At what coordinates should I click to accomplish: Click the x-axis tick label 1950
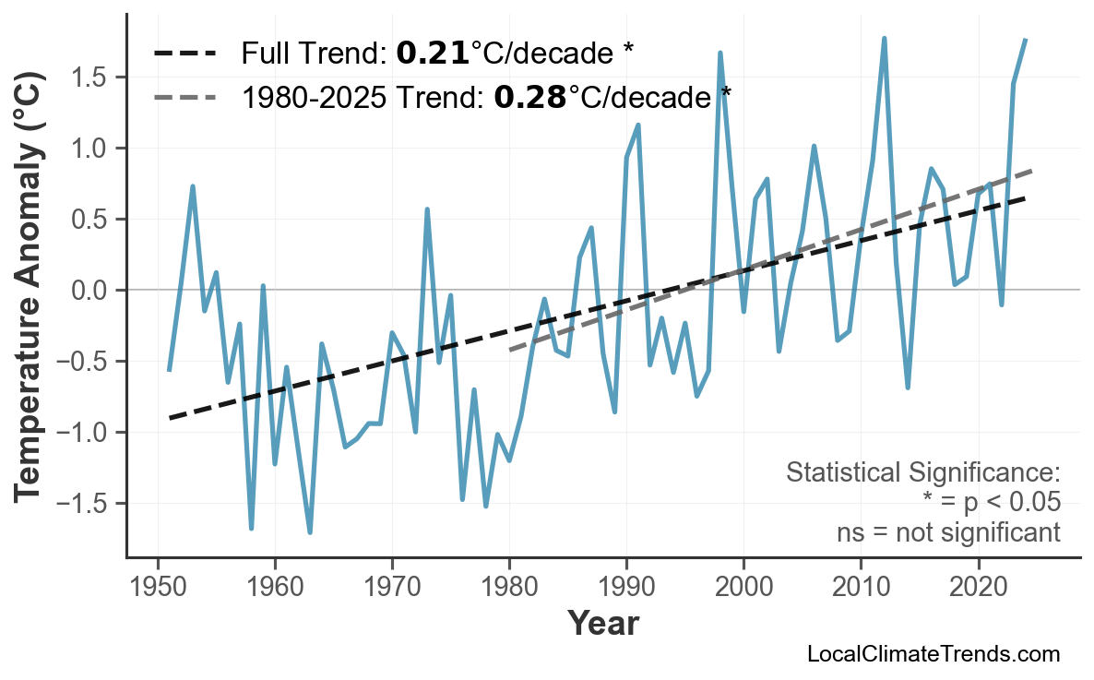point(158,586)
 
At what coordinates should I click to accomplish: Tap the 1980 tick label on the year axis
point(509,586)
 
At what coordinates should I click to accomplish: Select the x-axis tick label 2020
point(978,586)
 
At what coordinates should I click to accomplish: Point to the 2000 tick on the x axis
point(743,586)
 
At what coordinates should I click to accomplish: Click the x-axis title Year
point(602,625)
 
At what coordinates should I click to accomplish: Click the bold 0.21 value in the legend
point(432,54)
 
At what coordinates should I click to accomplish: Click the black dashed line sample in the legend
point(185,54)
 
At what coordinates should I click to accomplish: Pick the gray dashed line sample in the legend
point(185,96)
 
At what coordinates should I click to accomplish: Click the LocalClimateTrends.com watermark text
point(933,655)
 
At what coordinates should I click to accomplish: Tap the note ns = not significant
point(948,533)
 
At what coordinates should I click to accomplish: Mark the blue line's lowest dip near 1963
point(310,532)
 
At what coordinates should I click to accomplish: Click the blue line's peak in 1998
point(719,53)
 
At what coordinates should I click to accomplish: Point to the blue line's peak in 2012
point(884,38)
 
